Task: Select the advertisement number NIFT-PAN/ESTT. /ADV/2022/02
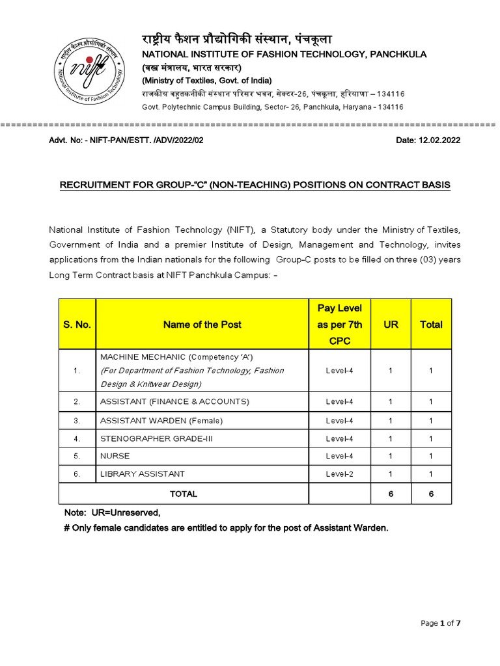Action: [x=154, y=140]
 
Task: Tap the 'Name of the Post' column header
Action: [x=202, y=325]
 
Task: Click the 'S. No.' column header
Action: [x=77, y=325]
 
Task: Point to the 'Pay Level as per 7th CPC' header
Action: [x=339, y=325]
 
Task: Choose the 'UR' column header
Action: [x=391, y=325]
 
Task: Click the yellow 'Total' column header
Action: [x=431, y=325]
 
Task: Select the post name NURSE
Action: [x=115, y=456]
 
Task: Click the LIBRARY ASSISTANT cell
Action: [x=142, y=474]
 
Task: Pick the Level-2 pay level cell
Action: [x=339, y=474]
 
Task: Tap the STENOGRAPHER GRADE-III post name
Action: [x=156, y=438]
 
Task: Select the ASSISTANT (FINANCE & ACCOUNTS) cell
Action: [x=174, y=401]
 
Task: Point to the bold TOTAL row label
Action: [x=184, y=494]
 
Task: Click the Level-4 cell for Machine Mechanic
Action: [x=339, y=370]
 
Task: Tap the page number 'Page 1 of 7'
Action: [x=441, y=623]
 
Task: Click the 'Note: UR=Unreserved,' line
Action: [x=112, y=513]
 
